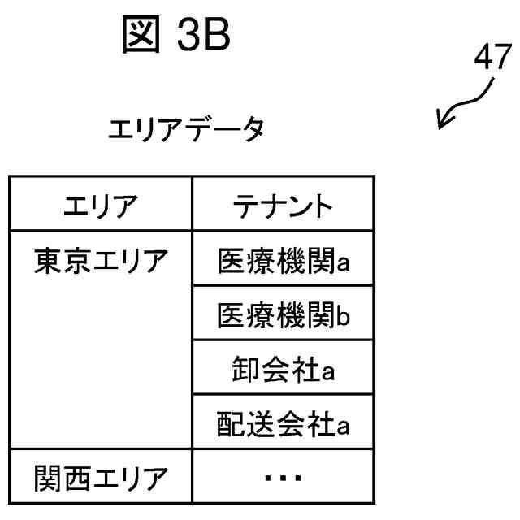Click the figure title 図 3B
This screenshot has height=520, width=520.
pos(175,35)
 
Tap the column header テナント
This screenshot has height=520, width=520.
pos(282,206)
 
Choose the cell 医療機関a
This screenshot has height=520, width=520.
pos(282,261)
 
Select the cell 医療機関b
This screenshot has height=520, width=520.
pos(282,315)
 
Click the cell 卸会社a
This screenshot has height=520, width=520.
pos(282,370)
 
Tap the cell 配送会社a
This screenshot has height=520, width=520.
pos(282,424)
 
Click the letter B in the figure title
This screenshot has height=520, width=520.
pos(214,35)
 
